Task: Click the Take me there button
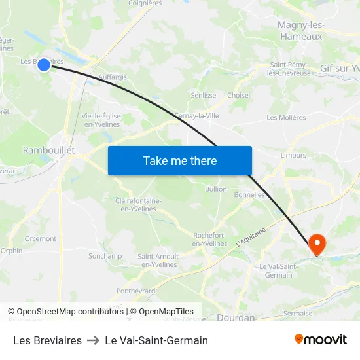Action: [180, 160]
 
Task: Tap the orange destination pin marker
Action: [317, 244]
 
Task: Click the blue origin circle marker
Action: [44, 64]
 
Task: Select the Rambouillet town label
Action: [49, 150]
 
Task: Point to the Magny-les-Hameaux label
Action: [301, 31]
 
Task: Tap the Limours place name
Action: [293, 155]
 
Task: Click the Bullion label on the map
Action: [215, 189]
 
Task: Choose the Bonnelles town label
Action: [249, 194]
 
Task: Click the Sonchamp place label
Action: [105, 256]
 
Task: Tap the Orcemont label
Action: [41, 239]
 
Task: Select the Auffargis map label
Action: [113, 77]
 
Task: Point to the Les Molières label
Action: [286, 118]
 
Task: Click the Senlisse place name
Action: [203, 95]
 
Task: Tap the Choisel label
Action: [238, 95]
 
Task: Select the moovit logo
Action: [321, 340]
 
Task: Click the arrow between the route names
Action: [93, 340]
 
